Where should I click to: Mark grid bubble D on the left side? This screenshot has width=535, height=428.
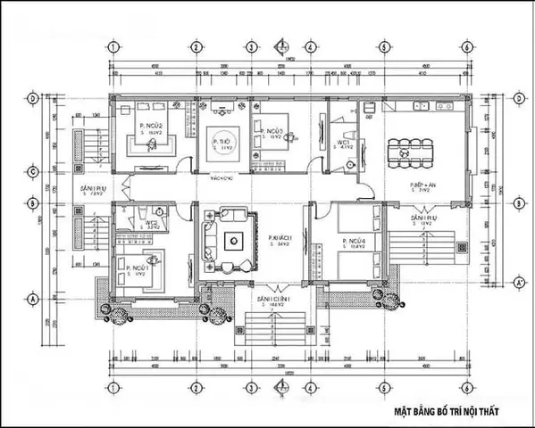point(32,97)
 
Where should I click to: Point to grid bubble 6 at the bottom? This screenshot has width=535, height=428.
point(466,388)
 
